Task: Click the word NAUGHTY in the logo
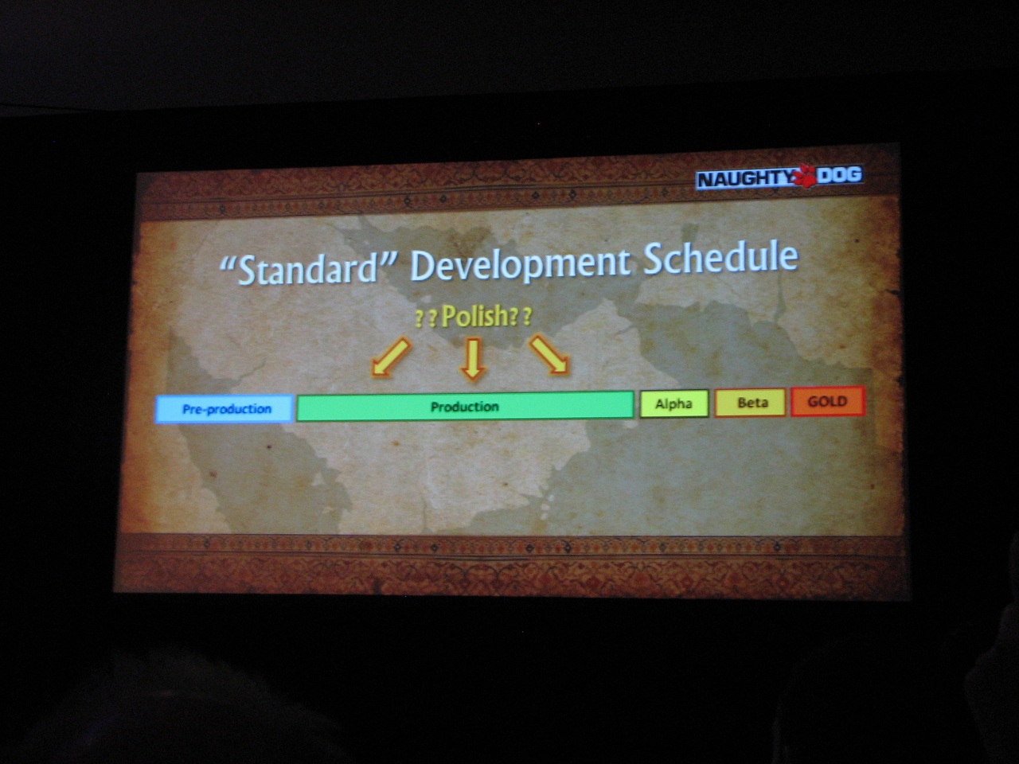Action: coord(746,179)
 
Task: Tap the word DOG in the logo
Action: coord(839,175)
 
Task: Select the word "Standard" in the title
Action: coord(308,268)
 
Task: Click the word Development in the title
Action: coord(521,264)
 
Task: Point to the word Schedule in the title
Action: coord(720,258)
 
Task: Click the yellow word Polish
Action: coord(475,316)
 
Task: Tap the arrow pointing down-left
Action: coord(391,357)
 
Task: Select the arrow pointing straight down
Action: coord(473,359)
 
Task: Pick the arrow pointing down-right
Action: coord(549,354)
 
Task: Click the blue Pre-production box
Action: coord(224,409)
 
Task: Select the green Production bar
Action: coord(465,407)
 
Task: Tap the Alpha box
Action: coord(674,403)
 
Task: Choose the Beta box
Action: coord(750,402)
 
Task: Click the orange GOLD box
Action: coord(828,401)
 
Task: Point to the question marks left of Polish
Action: coord(426,319)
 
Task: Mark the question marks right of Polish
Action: coord(521,318)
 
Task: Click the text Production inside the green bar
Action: coord(465,407)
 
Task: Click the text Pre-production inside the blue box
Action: coord(227,409)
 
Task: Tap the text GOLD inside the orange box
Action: coord(827,401)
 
